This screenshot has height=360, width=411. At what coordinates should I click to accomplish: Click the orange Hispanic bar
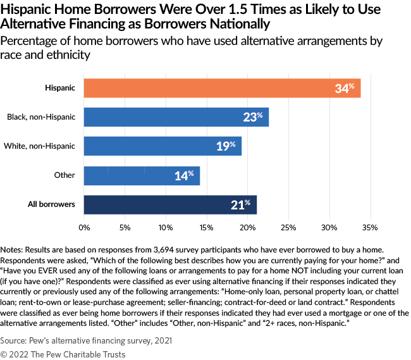coord(221,88)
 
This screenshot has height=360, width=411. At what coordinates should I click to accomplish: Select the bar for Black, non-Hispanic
coord(176,117)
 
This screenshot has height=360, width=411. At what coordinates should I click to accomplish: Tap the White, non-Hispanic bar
coord(162,146)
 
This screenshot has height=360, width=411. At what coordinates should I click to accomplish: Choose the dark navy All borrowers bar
coord(169,204)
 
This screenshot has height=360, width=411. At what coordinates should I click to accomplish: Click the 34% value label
coord(345,88)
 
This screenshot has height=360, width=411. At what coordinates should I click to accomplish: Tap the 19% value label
coord(226,146)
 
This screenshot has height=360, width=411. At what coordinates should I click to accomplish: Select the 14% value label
coord(184,175)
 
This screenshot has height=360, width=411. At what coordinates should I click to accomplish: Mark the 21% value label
coord(241,204)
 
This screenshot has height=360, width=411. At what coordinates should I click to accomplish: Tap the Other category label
coord(64,175)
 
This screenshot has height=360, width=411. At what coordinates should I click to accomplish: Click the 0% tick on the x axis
coord(84,226)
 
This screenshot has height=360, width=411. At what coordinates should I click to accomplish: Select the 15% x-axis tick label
coord(207,226)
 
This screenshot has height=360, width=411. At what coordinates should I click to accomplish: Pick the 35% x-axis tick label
coord(371,226)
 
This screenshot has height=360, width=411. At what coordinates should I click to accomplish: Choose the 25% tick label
coord(288,226)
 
